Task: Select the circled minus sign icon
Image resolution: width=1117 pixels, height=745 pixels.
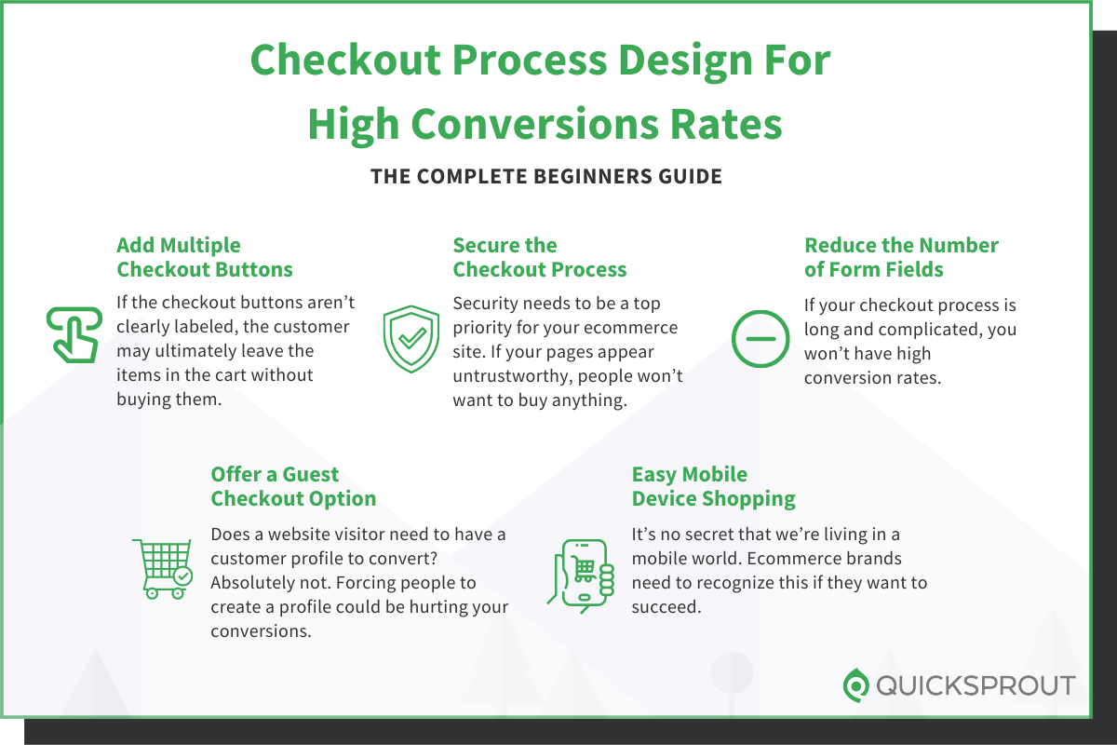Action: (x=760, y=338)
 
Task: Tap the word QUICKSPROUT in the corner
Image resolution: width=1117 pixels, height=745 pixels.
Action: (x=976, y=686)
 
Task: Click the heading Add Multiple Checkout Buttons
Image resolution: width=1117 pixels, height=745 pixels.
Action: (x=204, y=258)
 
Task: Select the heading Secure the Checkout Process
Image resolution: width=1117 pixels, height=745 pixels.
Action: (x=539, y=258)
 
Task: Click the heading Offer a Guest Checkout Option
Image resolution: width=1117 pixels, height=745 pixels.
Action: (x=293, y=486)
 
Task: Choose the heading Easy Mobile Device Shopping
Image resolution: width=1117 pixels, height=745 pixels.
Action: (x=713, y=486)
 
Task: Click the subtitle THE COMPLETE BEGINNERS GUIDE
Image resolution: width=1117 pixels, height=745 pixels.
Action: (x=546, y=176)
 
